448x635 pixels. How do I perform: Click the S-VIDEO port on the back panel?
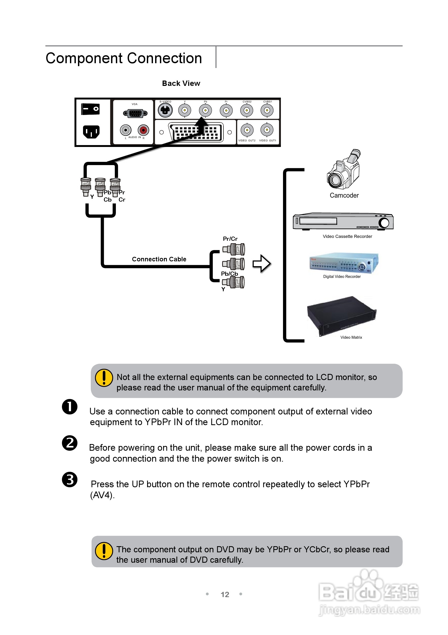tap(165, 110)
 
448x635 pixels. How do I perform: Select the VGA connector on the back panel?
tap(135, 113)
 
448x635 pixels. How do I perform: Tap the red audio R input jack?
tap(143, 130)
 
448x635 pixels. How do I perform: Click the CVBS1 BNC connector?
tap(267, 110)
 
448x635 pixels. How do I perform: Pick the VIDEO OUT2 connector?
tap(247, 130)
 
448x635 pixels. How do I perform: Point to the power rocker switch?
tap(90, 109)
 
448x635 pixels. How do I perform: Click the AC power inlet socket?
tap(91, 132)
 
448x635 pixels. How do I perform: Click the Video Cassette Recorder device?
tap(343, 221)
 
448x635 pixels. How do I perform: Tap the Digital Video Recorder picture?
tap(343, 263)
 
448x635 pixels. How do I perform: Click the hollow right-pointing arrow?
tap(261, 263)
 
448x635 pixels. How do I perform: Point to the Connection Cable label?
tap(159, 259)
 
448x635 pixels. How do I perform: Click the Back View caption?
tap(181, 83)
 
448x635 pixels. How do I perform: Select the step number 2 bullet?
tap(69, 443)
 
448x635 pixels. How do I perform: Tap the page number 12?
tap(225, 594)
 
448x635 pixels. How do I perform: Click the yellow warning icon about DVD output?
tap(104, 551)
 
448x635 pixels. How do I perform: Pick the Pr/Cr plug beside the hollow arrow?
tap(234, 249)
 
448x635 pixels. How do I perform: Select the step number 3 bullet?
tap(69, 479)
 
